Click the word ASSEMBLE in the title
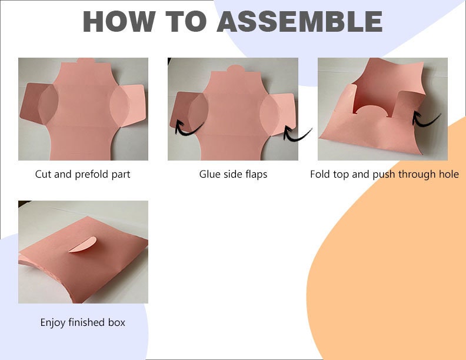tap(299, 21)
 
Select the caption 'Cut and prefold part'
tap(82, 174)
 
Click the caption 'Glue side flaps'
tap(233, 174)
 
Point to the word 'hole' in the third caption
tap(449, 174)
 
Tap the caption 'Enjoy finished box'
tap(82, 322)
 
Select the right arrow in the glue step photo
tap(297, 133)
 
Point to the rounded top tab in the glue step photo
tap(236, 68)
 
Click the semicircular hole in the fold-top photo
tap(371, 110)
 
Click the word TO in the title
tap(186, 21)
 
